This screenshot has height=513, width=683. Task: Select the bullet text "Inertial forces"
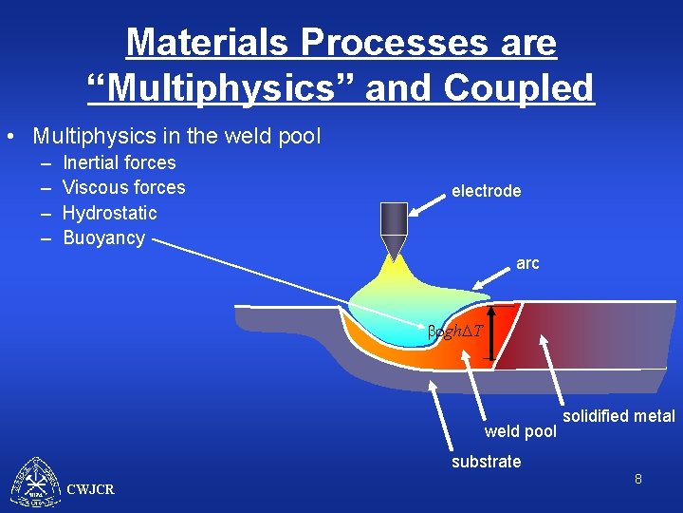click(120, 162)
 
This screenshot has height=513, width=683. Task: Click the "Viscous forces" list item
click(124, 187)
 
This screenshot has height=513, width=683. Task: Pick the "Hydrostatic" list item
click(110, 213)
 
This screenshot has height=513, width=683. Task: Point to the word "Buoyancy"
click(104, 237)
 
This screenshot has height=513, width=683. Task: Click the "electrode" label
click(486, 191)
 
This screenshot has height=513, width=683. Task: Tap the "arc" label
click(527, 263)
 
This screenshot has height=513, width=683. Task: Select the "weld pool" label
click(520, 432)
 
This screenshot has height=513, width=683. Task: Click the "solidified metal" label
click(618, 416)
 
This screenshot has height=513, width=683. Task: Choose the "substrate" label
click(486, 462)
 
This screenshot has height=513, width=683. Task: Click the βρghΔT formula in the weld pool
click(455, 331)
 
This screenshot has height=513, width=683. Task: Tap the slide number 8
click(638, 480)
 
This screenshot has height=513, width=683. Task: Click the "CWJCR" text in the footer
click(91, 489)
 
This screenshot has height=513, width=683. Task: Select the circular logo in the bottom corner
click(35, 483)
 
